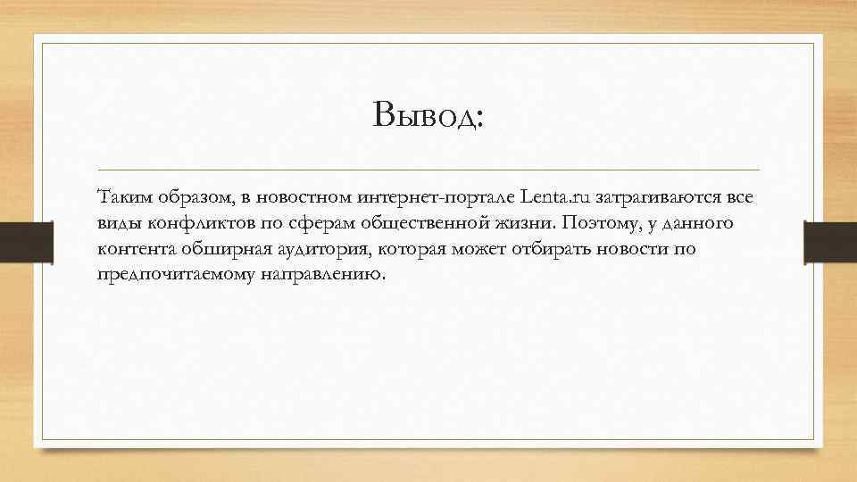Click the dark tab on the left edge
[x=17, y=241]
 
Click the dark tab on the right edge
[x=829, y=241]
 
